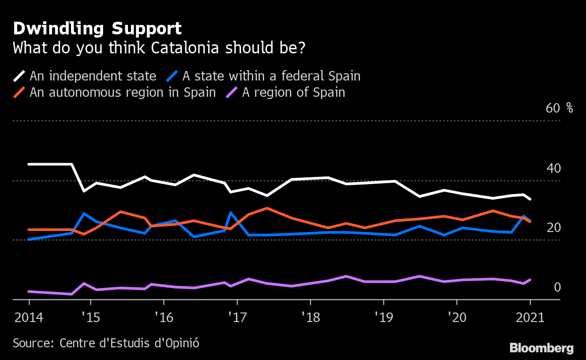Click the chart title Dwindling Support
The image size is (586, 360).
tap(97, 29)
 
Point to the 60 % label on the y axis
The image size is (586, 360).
tap(559, 109)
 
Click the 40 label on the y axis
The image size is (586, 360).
tap(553, 168)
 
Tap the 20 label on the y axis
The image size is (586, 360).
tap(553, 227)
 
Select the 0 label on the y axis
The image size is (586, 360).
tap(557, 287)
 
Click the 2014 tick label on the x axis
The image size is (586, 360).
tap(29, 317)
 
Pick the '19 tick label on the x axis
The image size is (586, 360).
tap(383, 317)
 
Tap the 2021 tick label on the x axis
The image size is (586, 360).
tap(529, 317)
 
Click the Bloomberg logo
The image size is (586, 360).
tap(541, 348)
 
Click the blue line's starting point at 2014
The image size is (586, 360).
tap(29, 239)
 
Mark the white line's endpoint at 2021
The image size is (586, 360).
tap(530, 199)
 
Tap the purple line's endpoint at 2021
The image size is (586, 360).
tap(530, 280)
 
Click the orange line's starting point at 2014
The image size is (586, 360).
tap(29, 230)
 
